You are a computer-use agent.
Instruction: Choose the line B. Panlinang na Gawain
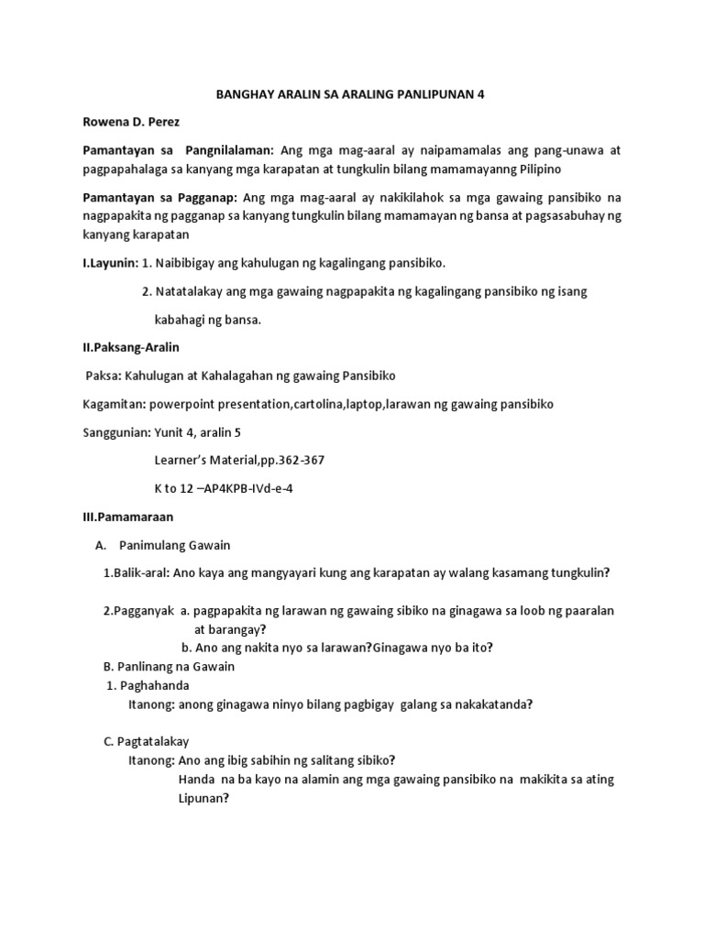tap(166, 667)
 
